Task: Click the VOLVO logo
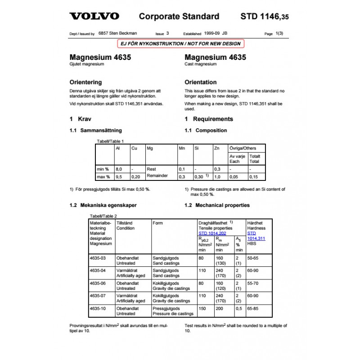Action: (x=94, y=17)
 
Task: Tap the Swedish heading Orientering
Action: (x=85, y=82)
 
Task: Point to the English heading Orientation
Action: (x=201, y=82)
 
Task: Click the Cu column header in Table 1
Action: (x=134, y=148)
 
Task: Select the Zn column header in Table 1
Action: (x=217, y=148)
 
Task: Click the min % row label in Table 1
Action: (x=103, y=169)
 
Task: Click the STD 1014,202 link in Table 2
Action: (x=212, y=233)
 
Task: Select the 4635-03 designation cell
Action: (x=98, y=258)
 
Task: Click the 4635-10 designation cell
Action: (x=98, y=309)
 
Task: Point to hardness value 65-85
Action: (x=253, y=309)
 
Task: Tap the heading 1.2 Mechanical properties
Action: (x=217, y=205)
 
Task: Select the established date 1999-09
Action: (x=211, y=33)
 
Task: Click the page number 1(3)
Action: (x=279, y=33)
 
